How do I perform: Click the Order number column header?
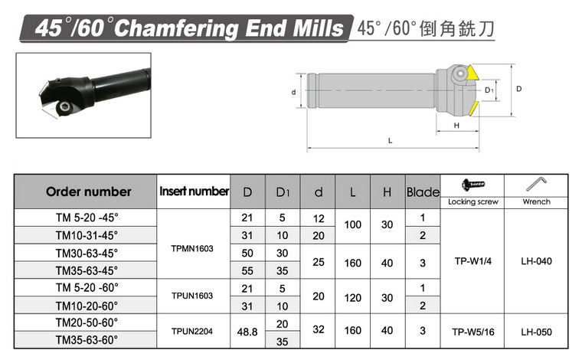(x=89, y=191)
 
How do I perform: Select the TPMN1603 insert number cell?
(x=192, y=248)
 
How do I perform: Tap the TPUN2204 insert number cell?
(x=192, y=331)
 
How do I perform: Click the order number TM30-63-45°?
(x=87, y=253)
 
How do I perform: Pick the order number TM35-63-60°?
(x=87, y=339)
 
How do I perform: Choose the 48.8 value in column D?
(x=247, y=332)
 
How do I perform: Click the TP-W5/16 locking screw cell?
(x=473, y=332)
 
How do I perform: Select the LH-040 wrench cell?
(x=536, y=261)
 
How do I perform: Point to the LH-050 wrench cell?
(x=536, y=332)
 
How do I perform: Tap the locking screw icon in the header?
(x=473, y=184)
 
